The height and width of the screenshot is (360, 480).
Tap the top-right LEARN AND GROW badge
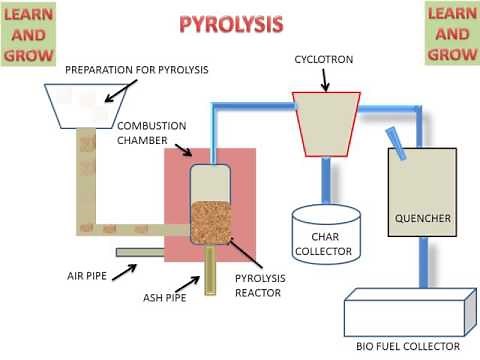tap(451, 32)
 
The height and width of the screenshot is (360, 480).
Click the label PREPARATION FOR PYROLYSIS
tap(137, 70)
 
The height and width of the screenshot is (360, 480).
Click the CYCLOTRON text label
tap(327, 59)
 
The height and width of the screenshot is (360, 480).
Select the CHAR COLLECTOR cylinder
tap(326, 233)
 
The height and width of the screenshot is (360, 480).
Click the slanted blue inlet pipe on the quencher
tap(398, 143)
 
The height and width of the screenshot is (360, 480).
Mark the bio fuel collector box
tap(405, 312)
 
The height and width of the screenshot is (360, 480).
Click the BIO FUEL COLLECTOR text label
tap(407, 347)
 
